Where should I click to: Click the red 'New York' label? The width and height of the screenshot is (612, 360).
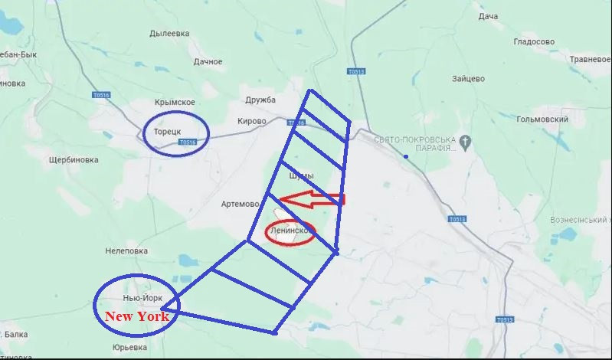tap(136, 316)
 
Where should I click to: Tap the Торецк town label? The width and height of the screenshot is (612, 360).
tap(166, 131)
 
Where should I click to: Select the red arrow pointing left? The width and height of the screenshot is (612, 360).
tap(310, 199)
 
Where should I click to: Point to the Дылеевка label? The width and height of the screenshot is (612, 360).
tap(169, 33)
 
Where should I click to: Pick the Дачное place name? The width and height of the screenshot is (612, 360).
tap(208, 61)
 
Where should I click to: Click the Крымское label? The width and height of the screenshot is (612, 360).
tap(175, 102)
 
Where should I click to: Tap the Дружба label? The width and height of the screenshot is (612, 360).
tap(260, 100)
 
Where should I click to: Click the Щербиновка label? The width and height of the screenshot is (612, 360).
tap(74, 160)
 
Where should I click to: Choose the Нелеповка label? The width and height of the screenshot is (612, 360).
tap(126, 250)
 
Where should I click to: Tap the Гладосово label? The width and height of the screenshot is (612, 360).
tap(533, 41)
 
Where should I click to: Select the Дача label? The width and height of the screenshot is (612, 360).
tap(488, 16)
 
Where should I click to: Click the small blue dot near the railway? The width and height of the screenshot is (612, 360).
tap(407, 157)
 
